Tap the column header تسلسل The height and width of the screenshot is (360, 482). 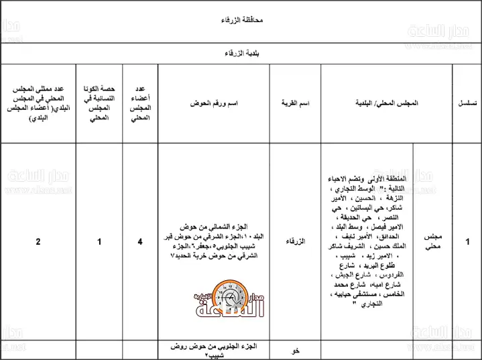tap(467, 103)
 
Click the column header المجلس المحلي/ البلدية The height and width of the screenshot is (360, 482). tap(387, 103)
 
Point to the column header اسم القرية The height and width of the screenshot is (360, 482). tap(295, 103)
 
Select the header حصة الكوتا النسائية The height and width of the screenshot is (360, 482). tap(99, 103)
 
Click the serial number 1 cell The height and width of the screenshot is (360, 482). tap(467, 241)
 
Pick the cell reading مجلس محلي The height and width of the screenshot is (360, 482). tap(432, 241)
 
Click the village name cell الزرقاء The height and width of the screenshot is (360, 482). tap(296, 241)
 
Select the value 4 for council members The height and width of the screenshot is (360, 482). tap(140, 241)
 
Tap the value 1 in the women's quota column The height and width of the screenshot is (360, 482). tap(99, 241)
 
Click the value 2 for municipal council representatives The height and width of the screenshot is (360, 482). tap(38, 241)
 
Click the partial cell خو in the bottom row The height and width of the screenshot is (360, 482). tap(296, 350)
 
